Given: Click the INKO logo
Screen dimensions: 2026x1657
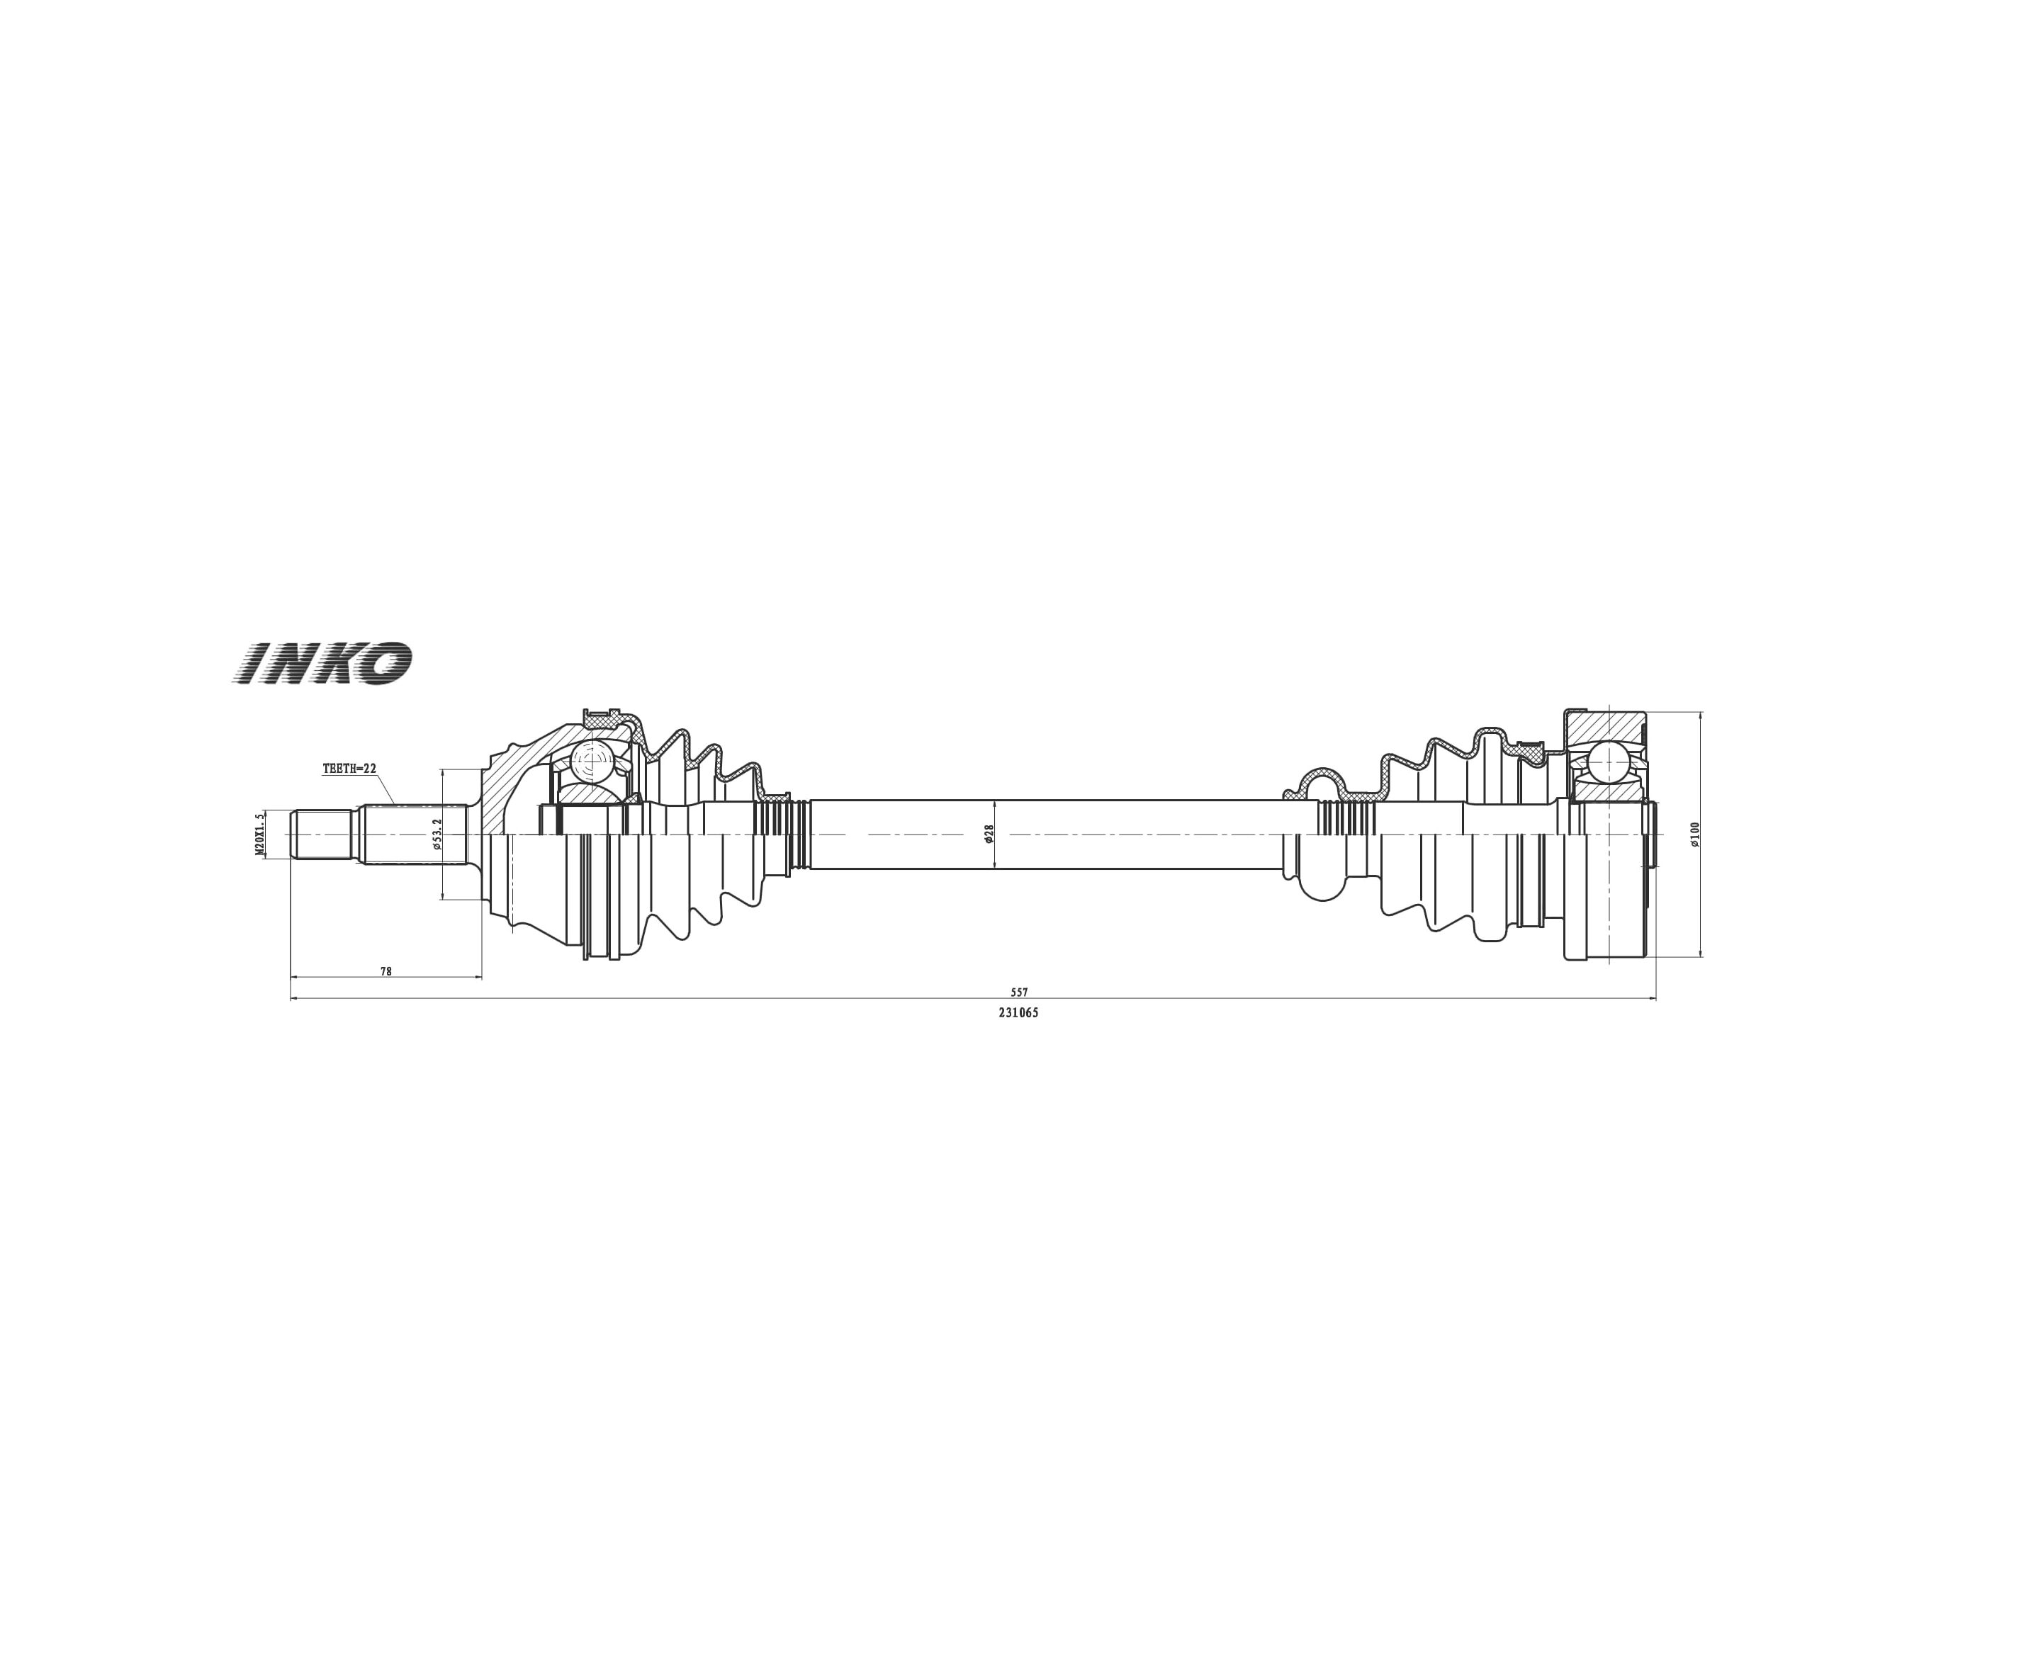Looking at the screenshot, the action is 322,662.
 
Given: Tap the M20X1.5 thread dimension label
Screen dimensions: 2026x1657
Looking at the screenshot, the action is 259,835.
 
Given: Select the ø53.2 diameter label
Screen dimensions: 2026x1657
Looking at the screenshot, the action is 437,833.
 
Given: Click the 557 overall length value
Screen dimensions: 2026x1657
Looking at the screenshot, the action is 1020,992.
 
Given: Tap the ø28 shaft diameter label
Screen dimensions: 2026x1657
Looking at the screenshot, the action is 989,833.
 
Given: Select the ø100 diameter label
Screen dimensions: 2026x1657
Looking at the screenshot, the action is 1694,835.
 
